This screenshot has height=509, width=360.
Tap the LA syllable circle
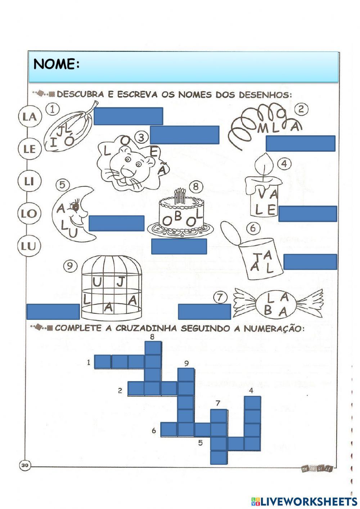coord(30,116)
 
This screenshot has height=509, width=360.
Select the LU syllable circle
coord(29,246)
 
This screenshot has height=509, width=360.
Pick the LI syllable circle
coord(29,181)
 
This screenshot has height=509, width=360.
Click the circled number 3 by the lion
coord(141,137)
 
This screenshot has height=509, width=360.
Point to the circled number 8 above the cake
coord(196,186)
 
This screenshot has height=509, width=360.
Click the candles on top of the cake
coord(180,196)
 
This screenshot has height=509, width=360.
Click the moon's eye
coord(76,207)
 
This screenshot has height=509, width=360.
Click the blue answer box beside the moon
coord(116,223)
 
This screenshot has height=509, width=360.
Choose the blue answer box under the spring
coord(301,143)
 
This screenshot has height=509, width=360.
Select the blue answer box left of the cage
coord(53,312)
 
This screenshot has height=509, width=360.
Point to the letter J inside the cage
coord(120,282)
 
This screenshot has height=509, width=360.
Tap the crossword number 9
coord(186,363)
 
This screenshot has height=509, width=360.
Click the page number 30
coord(24,465)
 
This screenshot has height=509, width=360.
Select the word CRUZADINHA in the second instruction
coord(146,328)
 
